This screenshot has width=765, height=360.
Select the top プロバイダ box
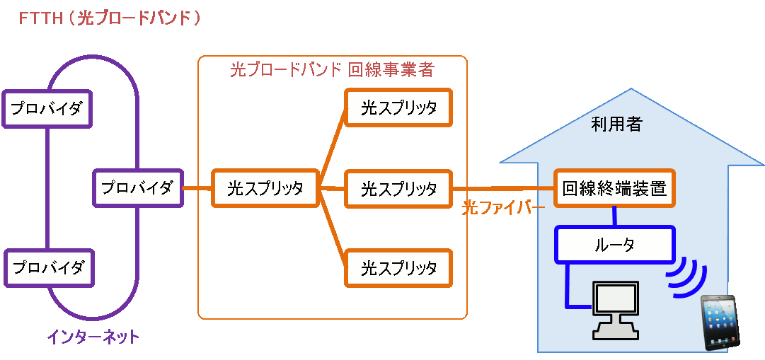coord(47,108)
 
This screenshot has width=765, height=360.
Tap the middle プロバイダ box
coord(137,188)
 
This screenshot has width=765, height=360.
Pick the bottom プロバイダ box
coord(49,268)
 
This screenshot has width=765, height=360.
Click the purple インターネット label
coord(93,337)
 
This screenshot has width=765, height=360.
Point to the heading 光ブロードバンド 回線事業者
coord(332,69)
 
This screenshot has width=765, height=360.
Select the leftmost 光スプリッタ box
coord(265,188)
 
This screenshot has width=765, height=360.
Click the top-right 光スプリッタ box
coord(398,108)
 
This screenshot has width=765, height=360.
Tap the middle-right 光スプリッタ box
coord(398,189)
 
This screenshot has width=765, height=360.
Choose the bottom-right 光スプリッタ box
coord(398,268)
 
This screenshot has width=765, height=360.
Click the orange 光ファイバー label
coord(503,208)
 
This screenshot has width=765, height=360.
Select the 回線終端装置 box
coord(614,189)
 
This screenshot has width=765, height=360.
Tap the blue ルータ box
coord(614,245)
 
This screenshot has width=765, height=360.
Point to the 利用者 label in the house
coord(616,124)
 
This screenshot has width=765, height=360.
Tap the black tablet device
coord(720,323)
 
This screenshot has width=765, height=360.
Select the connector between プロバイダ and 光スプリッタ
coord(197,188)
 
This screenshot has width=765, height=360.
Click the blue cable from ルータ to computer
coord(567,290)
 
